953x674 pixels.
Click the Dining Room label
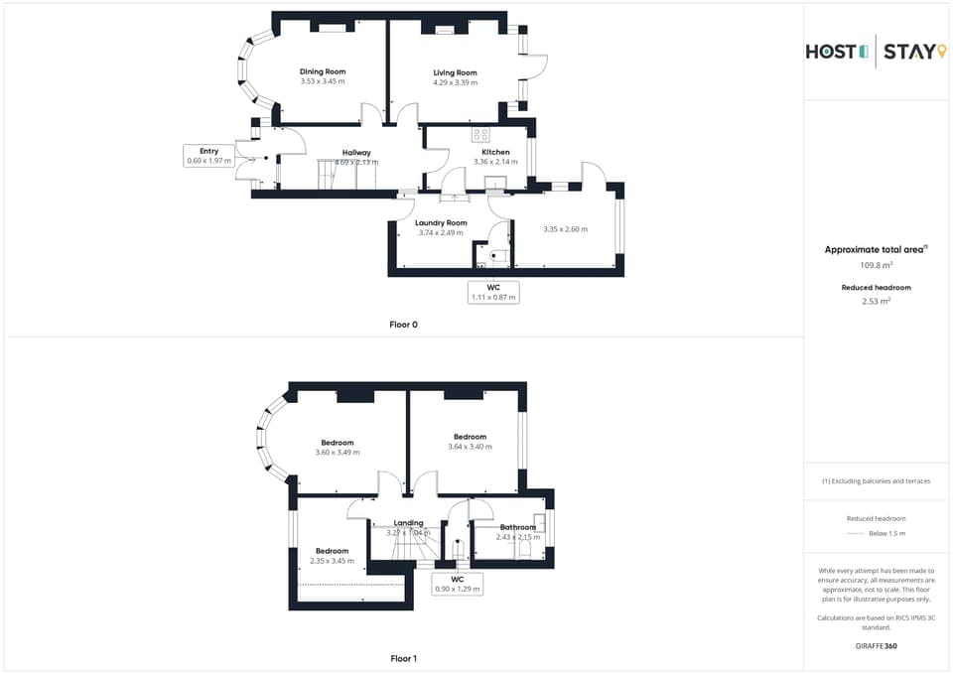pyautogui.click(x=323, y=71)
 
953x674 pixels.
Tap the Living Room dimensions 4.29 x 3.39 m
pyautogui.click(x=455, y=82)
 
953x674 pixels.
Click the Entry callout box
pyautogui.click(x=208, y=155)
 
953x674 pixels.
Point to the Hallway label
pyautogui.click(x=356, y=152)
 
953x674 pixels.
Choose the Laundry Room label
pyautogui.click(x=441, y=223)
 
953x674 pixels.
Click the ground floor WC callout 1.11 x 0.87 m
pyautogui.click(x=493, y=292)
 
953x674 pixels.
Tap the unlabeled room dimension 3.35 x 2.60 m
pyautogui.click(x=565, y=229)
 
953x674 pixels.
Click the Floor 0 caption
pyautogui.click(x=403, y=324)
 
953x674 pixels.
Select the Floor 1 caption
pyautogui.click(x=403, y=658)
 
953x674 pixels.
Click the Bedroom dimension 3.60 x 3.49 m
pyautogui.click(x=337, y=452)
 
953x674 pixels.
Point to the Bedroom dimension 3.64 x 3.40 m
pyautogui.click(x=470, y=447)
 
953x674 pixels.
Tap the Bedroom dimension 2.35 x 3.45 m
pyautogui.click(x=332, y=561)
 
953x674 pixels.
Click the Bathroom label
pyautogui.click(x=517, y=527)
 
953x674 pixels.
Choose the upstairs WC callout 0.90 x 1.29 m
pyautogui.click(x=458, y=584)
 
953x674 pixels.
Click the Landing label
pyautogui.click(x=408, y=522)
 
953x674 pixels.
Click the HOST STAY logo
pyautogui.click(x=876, y=51)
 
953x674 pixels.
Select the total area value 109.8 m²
pyautogui.click(x=876, y=265)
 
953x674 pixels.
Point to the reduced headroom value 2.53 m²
pyautogui.click(x=876, y=300)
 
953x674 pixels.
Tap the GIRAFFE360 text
pyautogui.click(x=876, y=645)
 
